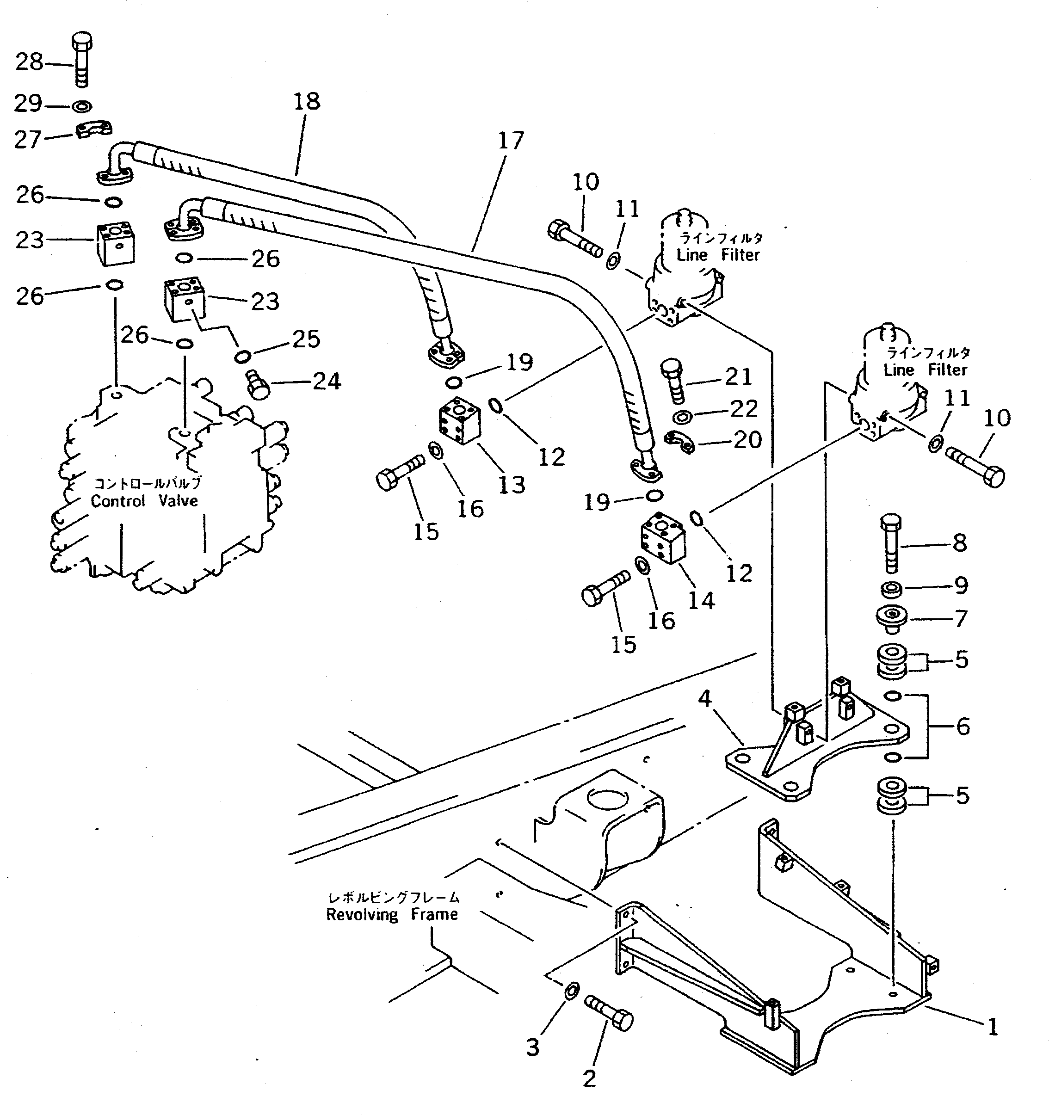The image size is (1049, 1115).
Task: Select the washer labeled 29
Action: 82,105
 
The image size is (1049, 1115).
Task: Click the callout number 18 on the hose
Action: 307,102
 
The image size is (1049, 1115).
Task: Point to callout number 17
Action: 511,141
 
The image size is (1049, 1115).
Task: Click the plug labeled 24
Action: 258,386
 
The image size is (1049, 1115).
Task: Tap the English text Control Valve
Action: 145,501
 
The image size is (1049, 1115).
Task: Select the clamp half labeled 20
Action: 679,442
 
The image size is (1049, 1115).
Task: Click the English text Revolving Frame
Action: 392,915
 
